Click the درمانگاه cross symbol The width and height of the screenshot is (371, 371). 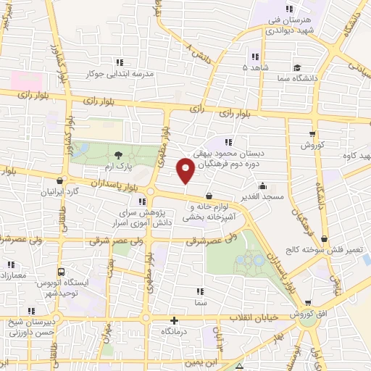click(173, 320)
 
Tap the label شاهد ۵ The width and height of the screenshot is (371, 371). click(234, 67)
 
